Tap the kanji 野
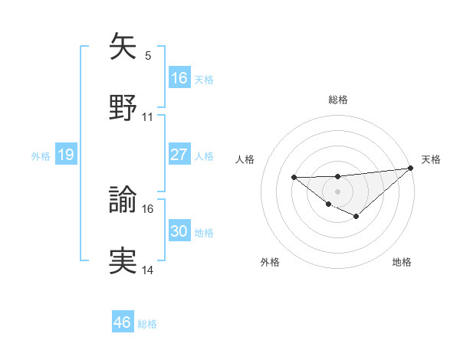click(x=123, y=107)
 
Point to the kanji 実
click(x=123, y=260)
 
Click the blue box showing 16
click(x=179, y=78)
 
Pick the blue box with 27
click(x=179, y=155)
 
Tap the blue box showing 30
click(x=179, y=231)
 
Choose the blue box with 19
click(x=66, y=155)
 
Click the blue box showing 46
click(x=123, y=322)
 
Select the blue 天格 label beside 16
click(x=204, y=79)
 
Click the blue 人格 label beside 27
click(x=204, y=155)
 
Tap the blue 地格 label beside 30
click(x=204, y=232)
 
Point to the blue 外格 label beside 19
click(x=41, y=155)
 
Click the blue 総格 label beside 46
click(x=147, y=324)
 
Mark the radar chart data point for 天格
click(x=411, y=169)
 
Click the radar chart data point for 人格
click(x=294, y=178)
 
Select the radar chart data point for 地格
click(x=356, y=217)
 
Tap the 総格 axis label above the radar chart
click(x=337, y=100)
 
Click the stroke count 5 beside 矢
click(x=147, y=55)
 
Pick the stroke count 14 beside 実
click(x=148, y=270)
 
